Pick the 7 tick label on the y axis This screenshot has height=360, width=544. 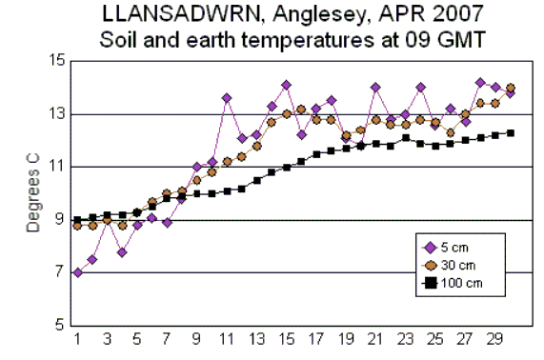tap(58, 273)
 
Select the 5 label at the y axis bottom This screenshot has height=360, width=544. tap(58, 327)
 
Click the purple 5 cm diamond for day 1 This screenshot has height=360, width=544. tap(76, 272)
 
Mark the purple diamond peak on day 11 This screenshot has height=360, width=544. tap(227, 98)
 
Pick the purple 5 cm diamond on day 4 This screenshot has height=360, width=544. tap(122, 251)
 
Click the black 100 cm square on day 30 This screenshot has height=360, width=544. tap(511, 132)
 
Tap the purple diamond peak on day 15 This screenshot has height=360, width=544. tap(286, 85)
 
